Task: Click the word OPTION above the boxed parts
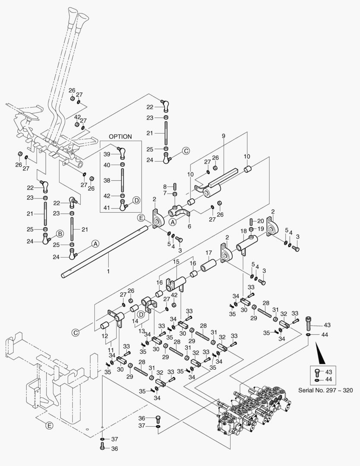tap(120, 136)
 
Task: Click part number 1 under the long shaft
tap(108, 271)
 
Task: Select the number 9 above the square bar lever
tap(223, 136)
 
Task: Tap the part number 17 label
tap(208, 252)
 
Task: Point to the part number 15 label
tap(176, 262)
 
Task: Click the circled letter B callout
tap(59, 233)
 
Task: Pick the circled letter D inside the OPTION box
tap(136, 200)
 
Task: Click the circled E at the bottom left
tap(49, 426)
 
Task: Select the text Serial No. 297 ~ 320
tap(326, 390)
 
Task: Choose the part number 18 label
tap(244, 231)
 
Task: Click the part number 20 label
tap(261, 220)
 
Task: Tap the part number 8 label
tap(164, 186)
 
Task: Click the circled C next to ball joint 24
tap(186, 151)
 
